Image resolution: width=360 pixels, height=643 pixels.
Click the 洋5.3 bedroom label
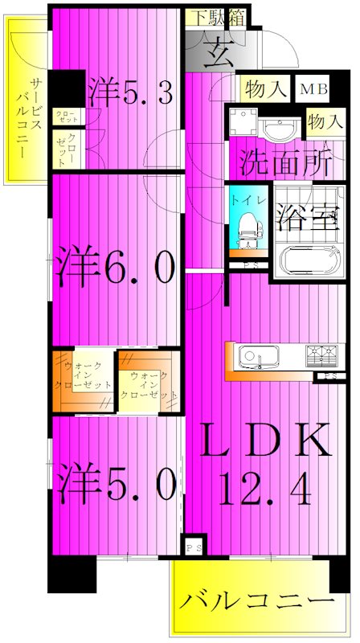click(x=131, y=91)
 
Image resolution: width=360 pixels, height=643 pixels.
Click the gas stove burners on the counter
click(x=322, y=353)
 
